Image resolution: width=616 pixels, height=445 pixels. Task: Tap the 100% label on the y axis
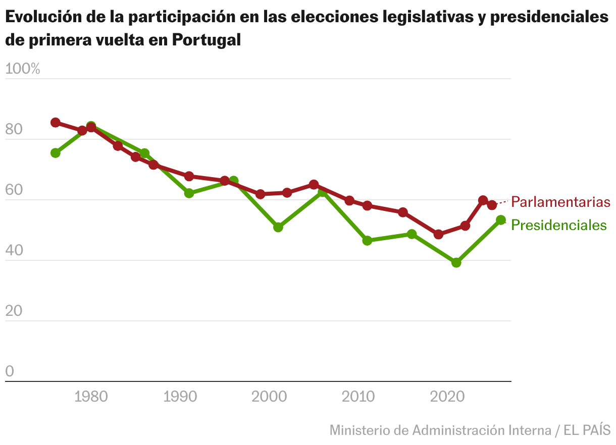pyautogui.click(x=22, y=69)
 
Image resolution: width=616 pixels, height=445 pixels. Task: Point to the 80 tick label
pyautogui.click(x=14, y=130)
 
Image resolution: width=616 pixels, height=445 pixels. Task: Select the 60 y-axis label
pyautogui.click(x=14, y=190)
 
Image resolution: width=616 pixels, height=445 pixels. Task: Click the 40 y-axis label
pyautogui.click(x=14, y=251)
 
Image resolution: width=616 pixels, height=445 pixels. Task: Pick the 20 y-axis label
pyautogui.click(x=14, y=311)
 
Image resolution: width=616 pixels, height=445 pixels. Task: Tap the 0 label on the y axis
pyautogui.click(x=10, y=372)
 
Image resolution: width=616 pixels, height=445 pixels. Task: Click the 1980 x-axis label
pyautogui.click(x=91, y=397)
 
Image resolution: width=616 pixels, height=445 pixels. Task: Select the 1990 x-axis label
pyautogui.click(x=180, y=397)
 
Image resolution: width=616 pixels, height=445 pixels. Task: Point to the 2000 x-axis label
pyautogui.click(x=269, y=397)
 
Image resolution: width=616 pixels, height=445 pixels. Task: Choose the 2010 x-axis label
pyautogui.click(x=358, y=397)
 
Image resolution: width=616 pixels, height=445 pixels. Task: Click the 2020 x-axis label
pyautogui.click(x=448, y=397)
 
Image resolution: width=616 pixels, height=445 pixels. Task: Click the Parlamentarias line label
pyautogui.click(x=560, y=202)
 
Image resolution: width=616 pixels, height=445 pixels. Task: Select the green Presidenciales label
pyautogui.click(x=559, y=225)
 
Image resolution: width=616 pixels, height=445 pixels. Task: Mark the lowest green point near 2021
pyautogui.click(x=456, y=262)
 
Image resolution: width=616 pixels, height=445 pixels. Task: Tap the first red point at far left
pyautogui.click(x=56, y=123)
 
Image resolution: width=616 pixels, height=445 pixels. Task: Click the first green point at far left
pyautogui.click(x=56, y=153)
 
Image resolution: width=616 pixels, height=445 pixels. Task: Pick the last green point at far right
pyautogui.click(x=501, y=220)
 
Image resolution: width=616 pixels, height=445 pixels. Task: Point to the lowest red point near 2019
pyautogui.click(x=438, y=234)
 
